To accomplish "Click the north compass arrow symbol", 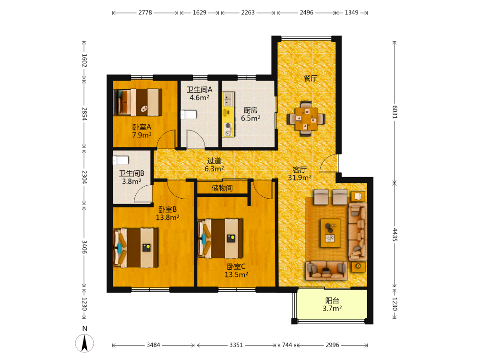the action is (84, 343).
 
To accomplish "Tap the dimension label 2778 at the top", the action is (145, 12).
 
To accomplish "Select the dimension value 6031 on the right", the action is (395, 112).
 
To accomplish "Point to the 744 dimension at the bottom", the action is (287, 345).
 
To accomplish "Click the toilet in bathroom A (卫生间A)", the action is (188, 115).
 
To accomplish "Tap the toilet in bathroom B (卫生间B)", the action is (120, 160).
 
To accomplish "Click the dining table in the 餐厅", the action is (306, 119).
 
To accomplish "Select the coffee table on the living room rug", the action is (331, 233).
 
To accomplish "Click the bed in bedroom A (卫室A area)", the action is (138, 102).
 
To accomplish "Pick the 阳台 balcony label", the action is (332, 300).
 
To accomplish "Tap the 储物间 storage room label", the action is (222, 188).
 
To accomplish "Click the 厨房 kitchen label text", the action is (251, 110).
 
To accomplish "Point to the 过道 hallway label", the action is (214, 161).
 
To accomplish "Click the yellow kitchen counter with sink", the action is (228, 115).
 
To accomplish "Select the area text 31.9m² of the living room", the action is (300, 178).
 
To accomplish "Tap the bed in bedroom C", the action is (220, 239).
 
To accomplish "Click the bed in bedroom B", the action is (136, 248).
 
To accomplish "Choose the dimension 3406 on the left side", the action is (84, 247).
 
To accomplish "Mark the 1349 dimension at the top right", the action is (351, 12).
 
